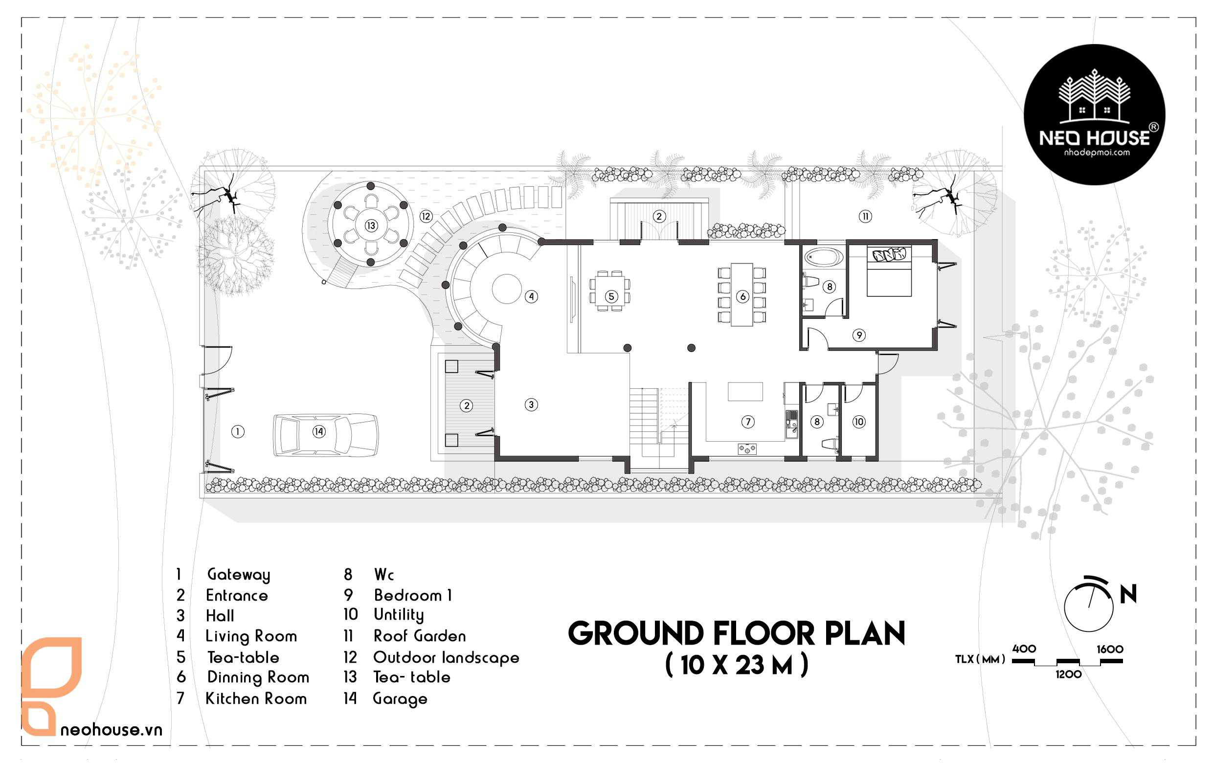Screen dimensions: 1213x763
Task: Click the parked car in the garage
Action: (326, 435)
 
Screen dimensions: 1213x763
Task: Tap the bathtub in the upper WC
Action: (823, 257)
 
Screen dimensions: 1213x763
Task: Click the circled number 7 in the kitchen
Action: (747, 422)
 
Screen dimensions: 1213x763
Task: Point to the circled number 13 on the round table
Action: (371, 225)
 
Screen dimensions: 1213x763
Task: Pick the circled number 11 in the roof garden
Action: (865, 217)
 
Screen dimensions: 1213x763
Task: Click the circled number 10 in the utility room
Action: (859, 422)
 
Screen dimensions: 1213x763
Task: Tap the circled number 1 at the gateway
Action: (238, 431)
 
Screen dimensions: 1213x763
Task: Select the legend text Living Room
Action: (251, 637)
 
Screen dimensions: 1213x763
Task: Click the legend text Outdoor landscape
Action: (446, 658)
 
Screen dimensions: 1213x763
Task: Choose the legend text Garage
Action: (400, 699)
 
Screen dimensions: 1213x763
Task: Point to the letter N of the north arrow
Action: (1128, 594)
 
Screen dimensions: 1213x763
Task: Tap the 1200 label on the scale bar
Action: (1068, 674)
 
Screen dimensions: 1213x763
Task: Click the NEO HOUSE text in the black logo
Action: (1094, 137)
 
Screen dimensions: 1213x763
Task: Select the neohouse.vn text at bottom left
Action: (112, 730)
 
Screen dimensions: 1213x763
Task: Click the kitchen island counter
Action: (745, 391)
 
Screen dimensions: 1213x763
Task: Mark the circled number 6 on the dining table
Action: (742, 296)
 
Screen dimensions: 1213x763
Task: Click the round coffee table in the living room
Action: (507, 289)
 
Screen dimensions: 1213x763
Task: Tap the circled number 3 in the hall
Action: (531, 404)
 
